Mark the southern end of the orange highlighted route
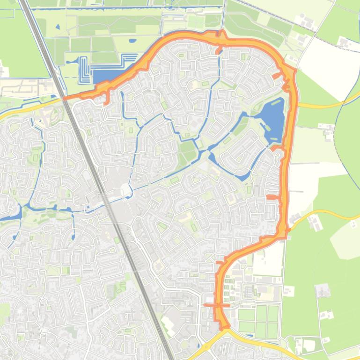click(226, 326)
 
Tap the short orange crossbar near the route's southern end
click(217, 305)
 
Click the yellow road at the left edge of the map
click(19, 109)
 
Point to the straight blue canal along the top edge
click(126, 8)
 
